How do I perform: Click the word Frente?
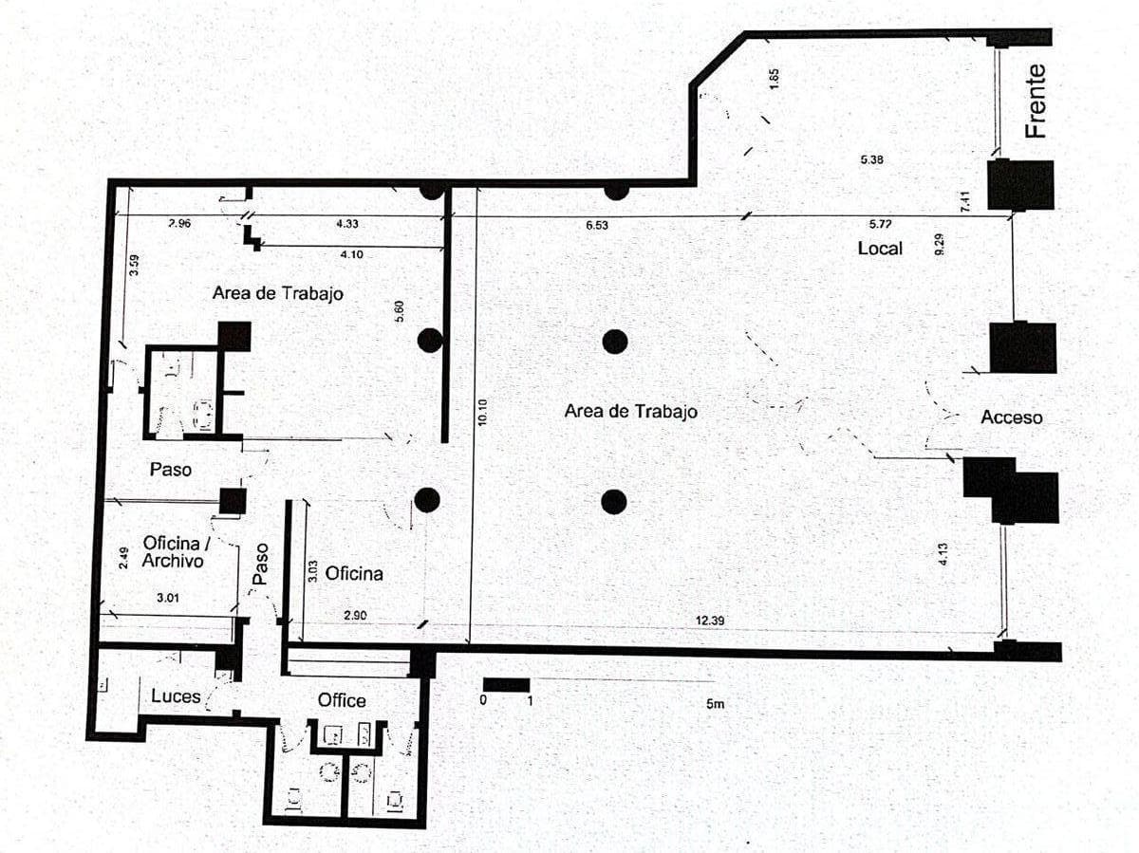pyautogui.click(x=1036, y=102)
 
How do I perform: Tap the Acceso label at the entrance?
pyautogui.click(x=1012, y=417)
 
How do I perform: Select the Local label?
pyautogui.click(x=880, y=249)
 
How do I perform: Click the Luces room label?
pyautogui.click(x=176, y=695)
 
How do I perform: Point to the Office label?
pyautogui.click(x=342, y=700)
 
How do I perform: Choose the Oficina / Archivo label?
pyautogui.click(x=174, y=551)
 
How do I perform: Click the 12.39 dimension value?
pyautogui.click(x=710, y=621)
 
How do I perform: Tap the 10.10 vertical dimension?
pyautogui.click(x=482, y=412)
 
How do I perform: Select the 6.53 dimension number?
pyautogui.click(x=597, y=225)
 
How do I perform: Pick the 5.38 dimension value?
pyautogui.click(x=871, y=159)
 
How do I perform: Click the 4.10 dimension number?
pyautogui.click(x=351, y=254)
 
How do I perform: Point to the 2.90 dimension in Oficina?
pyautogui.click(x=355, y=615)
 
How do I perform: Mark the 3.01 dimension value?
pyautogui.click(x=168, y=598)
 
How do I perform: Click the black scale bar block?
pyautogui.click(x=507, y=685)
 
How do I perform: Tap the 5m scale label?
pyautogui.click(x=715, y=704)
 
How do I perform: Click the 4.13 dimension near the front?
pyautogui.click(x=943, y=553)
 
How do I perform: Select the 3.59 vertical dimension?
pyautogui.click(x=134, y=265)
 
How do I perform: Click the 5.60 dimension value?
pyautogui.click(x=399, y=311)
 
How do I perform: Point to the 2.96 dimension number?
pyautogui.click(x=179, y=224)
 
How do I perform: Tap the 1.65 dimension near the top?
pyautogui.click(x=774, y=79)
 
